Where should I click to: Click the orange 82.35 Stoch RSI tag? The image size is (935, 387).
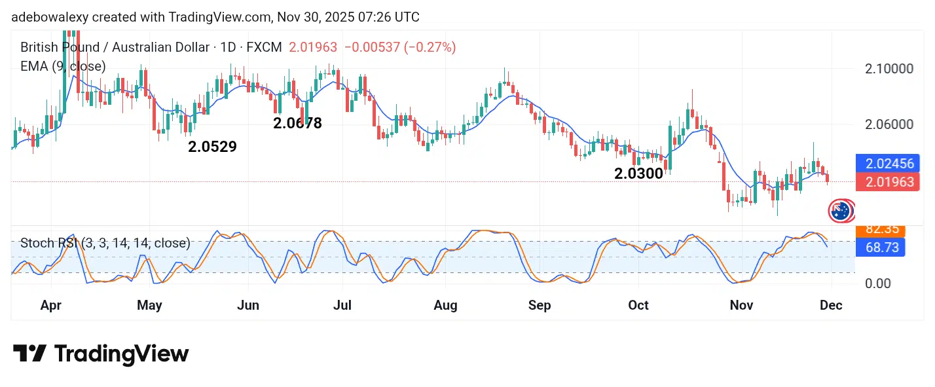pos(880,229)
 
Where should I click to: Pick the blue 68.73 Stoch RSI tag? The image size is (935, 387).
pos(880,247)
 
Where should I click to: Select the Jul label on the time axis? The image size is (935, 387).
pos(342,305)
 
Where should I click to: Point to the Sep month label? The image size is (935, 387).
pos(540,305)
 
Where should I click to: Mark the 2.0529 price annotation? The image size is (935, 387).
pos(212,147)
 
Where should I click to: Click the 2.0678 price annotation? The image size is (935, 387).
pos(297,123)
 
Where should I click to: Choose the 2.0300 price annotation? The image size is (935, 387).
pos(638,174)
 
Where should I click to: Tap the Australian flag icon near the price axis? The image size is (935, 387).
pos(840,210)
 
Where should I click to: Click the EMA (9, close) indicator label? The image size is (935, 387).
pos(63,66)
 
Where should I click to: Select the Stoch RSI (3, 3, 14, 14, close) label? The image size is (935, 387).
pos(105,244)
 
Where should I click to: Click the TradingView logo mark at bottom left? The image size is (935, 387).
pos(29,354)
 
